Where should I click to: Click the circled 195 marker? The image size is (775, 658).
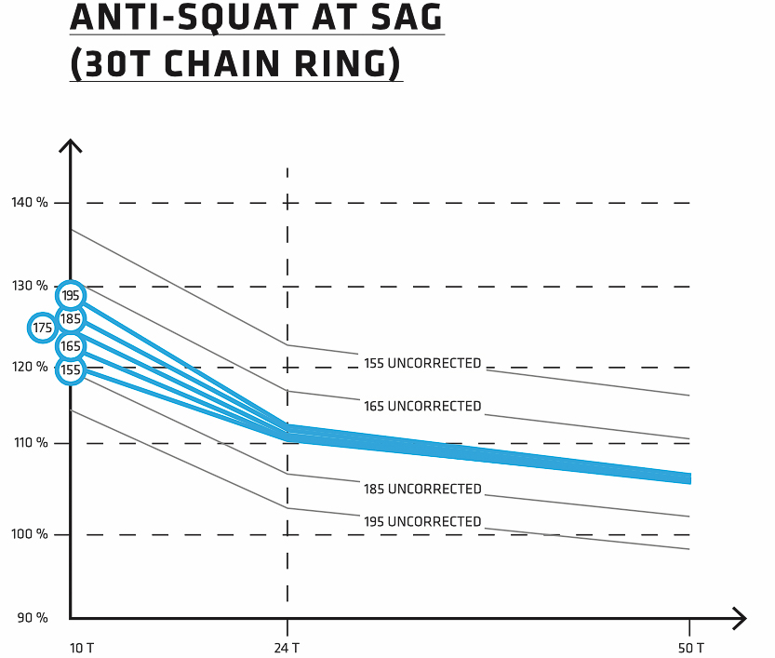point(71,295)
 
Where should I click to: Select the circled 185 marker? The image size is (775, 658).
point(71,319)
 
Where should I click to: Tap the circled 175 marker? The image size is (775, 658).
point(43,328)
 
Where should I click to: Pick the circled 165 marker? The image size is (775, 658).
point(71,346)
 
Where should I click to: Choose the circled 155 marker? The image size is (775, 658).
point(71,369)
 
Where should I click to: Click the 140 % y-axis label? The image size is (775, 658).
point(29,202)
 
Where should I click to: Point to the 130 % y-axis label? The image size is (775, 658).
point(29,286)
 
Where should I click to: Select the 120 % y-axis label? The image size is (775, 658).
point(29,367)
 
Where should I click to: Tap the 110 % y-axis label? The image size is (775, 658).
point(29,442)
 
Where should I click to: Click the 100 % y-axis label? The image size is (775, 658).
point(29,534)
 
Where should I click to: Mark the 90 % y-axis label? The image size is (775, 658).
point(32,617)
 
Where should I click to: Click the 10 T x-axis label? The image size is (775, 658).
point(82,647)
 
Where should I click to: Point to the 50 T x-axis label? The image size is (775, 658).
point(691,647)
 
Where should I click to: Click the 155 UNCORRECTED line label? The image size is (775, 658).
point(422,363)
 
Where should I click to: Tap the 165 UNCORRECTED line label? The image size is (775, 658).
point(422,406)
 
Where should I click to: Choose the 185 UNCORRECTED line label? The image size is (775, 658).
point(422,489)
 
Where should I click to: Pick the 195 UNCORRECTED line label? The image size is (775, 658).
point(422,521)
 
